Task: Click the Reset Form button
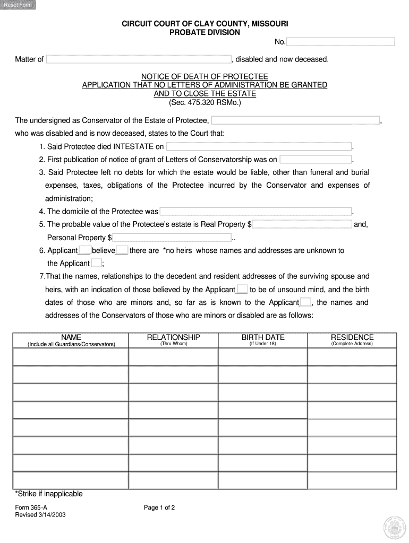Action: coord(19,5)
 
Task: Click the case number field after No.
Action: coord(340,42)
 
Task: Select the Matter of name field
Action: coord(138,59)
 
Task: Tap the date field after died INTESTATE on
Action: coord(259,147)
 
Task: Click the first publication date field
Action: coord(316,160)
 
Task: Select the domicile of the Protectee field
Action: coord(255,211)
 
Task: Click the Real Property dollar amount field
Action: coord(302,224)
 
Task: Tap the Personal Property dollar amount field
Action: coord(172,238)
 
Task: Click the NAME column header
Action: coord(71,337)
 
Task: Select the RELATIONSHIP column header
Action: coord(173,337)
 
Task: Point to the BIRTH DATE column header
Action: coord(263,337)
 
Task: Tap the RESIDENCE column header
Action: coord(352,337)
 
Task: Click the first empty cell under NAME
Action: coord(71,357)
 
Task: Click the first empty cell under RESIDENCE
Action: coord(352,357)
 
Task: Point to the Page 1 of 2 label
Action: coord(159,507)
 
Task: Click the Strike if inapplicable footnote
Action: coord(49,494)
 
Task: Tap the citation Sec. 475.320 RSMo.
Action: coord(204,103)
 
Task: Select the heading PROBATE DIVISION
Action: coord(204,33)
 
